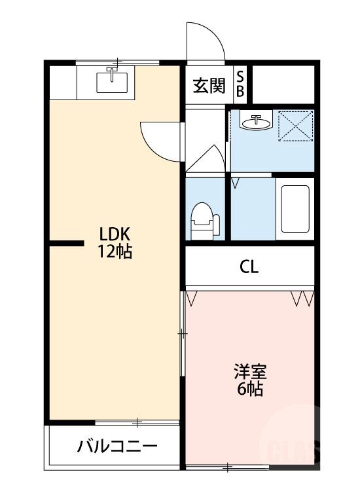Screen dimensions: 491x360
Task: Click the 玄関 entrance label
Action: click(209, 86)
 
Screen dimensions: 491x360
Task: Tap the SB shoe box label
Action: click(240, 85)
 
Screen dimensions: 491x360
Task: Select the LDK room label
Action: click(115, 234)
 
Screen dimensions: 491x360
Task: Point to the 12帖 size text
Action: click(115, 251)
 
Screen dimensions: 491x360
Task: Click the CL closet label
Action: click(249, 267)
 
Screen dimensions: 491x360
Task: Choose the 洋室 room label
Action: click(250, 372)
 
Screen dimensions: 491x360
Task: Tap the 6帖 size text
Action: click(250, 390)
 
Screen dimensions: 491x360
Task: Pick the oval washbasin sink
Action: click(256, 122)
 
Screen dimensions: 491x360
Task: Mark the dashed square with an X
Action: click(296, 125)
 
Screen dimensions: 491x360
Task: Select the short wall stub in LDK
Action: click(65, 244)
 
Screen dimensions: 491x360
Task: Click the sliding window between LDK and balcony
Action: click(137, 422)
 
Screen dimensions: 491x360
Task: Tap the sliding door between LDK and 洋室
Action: click(182, 333)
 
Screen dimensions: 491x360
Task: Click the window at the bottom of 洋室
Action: click(228, 467)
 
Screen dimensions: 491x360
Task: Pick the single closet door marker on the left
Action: click(192, 299)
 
